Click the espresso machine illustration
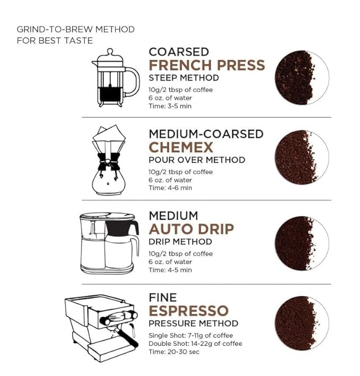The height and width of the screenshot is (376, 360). [x=101, y=325]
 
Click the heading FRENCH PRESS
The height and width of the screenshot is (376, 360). [x=206, y=65]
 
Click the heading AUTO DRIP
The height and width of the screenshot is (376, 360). [x=191, y=229]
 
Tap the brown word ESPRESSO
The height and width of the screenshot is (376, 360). [x=188, y=310]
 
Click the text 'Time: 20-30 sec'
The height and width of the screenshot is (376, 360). [x=174, y=352]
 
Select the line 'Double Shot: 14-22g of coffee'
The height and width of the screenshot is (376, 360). [x=194, y=344]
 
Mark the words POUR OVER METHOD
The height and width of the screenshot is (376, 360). [x=197, y=160]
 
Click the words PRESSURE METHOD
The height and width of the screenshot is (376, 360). [x=193, y=323]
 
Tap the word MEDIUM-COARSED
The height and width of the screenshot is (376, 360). [x=206, y=134]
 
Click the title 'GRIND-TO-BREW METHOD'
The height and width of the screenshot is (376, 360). [x=75, y=29]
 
